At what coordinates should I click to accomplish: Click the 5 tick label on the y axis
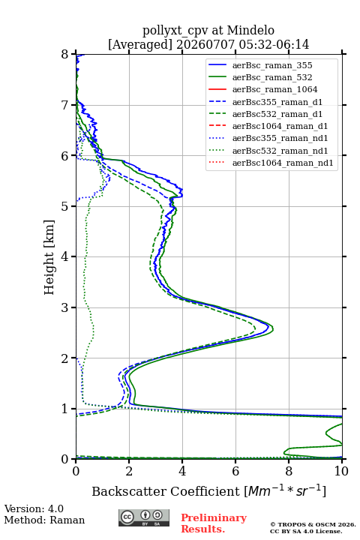click(x=64, y=206)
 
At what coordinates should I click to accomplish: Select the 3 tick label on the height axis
click(x=64, y=307)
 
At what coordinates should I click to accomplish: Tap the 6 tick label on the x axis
click(x=235, y=471)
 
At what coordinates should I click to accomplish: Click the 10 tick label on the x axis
click(x=341, y=471)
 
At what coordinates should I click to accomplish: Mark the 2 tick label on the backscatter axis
click(x=129, y=471)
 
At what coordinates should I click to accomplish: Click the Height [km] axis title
click(x=49, y=257)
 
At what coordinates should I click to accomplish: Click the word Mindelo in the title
click(x=250, y=30)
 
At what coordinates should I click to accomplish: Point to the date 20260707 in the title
click(x=205, y=44)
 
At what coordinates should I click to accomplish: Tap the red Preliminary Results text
click(x=214, y=523)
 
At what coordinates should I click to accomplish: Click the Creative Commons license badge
click(x=144, y=518)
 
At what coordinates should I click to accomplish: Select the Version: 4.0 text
click(x=34, y=508)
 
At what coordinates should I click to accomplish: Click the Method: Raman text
click(x=44, y=520)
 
